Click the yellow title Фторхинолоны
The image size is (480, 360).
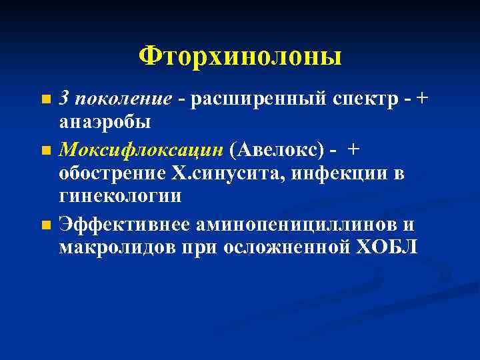click(x=240, y=56)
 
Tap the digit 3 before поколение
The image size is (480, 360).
click(x=64, y=98)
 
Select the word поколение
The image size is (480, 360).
click(x=125, y=99)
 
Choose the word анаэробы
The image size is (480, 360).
click(x=105, y=123)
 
